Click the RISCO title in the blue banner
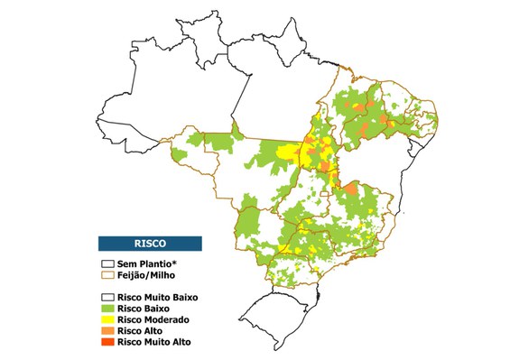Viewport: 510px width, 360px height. (x=150, y=243)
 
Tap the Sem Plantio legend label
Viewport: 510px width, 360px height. (x=143, y=262)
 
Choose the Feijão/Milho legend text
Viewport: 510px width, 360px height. (x=149, y=273)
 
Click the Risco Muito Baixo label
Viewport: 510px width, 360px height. (x=157, y=296)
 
